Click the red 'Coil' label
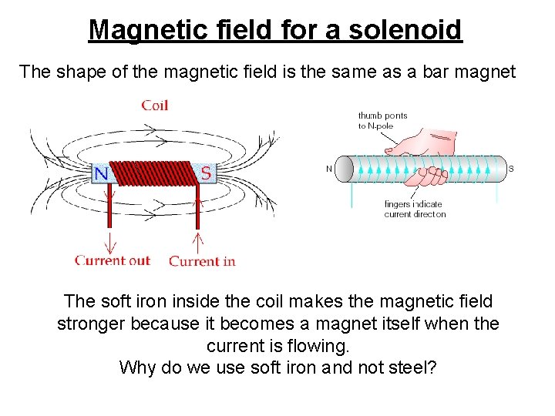click(x=154, y=105)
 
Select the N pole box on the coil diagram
click(x=101, y=173)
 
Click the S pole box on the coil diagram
click(x=206, y=173)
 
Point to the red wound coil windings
click(x=153, y=173)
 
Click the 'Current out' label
click(x=113, y=260)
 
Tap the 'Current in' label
click(x=202, y=261)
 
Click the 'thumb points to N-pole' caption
click(x=382, y=120)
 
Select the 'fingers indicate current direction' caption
click(x=415, y=209)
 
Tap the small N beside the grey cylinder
click(x=330, y=169)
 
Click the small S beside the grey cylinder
click(x=511, y=169)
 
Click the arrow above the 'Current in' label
click(x=197, y=241)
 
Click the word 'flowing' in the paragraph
click(x=316, y=346)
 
